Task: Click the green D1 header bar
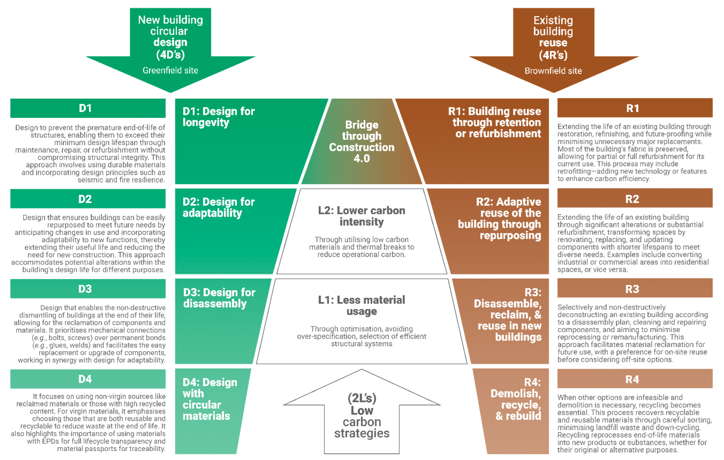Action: pos(88,108)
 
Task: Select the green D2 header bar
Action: pos(88,199)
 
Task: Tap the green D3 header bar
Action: pos(88,289)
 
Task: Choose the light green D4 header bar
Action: pos(88,379)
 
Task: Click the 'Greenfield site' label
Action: pos(170,70)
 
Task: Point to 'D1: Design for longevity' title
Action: pos(219,117)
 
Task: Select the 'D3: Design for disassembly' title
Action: pos(219,298)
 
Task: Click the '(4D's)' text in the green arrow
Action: pos(170,55)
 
